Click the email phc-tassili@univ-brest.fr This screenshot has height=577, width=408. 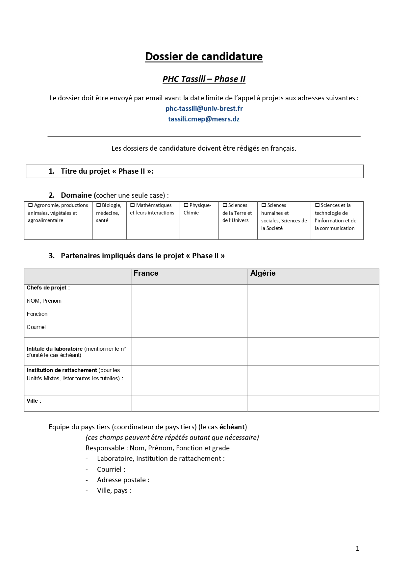click(x=204, y=109)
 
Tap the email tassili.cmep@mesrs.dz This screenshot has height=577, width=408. click(x=204, y=119)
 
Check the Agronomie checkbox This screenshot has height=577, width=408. click(x=31, y=205)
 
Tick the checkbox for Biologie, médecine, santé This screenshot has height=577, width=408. click(x=98, y=205)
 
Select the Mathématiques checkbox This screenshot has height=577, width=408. click(x=133, y=205)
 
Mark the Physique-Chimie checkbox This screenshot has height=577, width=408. click(x=186, y=205)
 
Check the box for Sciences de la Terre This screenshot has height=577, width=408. click(x=225, y=205)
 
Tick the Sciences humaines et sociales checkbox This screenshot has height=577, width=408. click(x=264, y=205)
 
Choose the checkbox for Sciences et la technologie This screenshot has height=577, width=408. click(x=317, y=205)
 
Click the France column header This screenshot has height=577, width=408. click(x=146, y=273)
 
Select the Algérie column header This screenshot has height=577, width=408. click(x=263, y=273)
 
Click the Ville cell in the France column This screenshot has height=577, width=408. click(x=189, y=403)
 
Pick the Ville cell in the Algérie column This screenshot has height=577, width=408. click(x=313, y=403)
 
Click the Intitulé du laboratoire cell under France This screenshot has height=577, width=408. click(x=189, y=351)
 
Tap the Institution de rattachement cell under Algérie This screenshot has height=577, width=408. click(x=313, y=380)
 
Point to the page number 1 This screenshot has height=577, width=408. click(x=358, y=548)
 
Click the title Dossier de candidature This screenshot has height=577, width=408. click(x=204, y=57)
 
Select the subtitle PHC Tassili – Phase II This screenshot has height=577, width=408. click(x=204, y=79)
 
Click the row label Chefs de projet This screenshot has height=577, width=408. click(x=48, y=288)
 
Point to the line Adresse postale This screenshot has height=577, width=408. click(x=123, y=480)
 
